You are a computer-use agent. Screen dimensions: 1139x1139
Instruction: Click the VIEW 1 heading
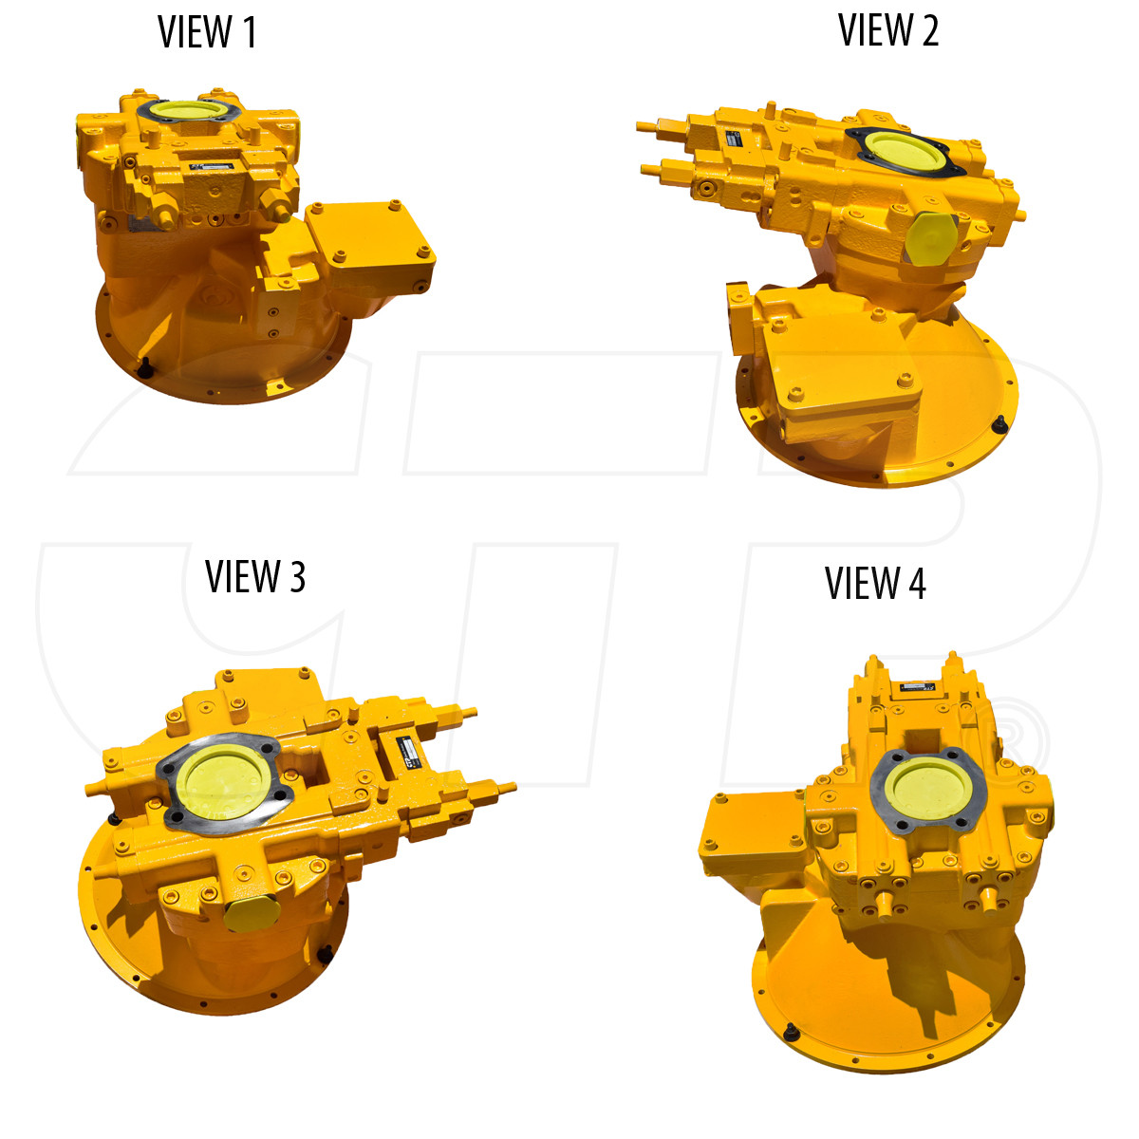[207, 32]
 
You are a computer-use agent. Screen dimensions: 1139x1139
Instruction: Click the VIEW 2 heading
[888, 30]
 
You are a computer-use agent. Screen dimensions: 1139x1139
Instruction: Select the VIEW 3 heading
[255, 576]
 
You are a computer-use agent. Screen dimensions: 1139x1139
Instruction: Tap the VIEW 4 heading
[875, 583]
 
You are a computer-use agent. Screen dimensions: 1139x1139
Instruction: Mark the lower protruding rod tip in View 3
[509, 787]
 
